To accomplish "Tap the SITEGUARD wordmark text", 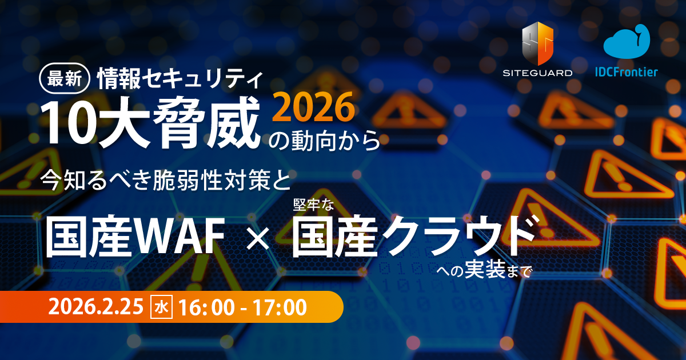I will (537, 73).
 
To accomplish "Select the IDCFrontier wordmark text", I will (626, 72).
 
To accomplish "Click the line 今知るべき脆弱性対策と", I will (166, 182).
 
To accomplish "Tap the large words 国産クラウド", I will (414, 236).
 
